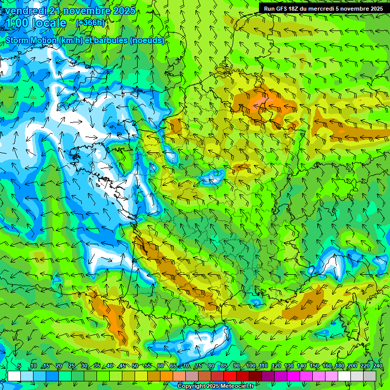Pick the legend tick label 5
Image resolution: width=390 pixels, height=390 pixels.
click(19, 366)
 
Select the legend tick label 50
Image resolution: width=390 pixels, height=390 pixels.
click(135, 366)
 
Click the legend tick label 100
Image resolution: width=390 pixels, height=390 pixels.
click(250, 366)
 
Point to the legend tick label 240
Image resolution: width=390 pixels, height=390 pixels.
click(377, 366)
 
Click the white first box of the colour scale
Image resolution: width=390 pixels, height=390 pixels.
click(14, 376)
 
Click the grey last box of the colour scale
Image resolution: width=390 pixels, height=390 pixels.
click(370, 376)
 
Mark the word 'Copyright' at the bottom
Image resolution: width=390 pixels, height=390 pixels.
click(191, 386)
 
